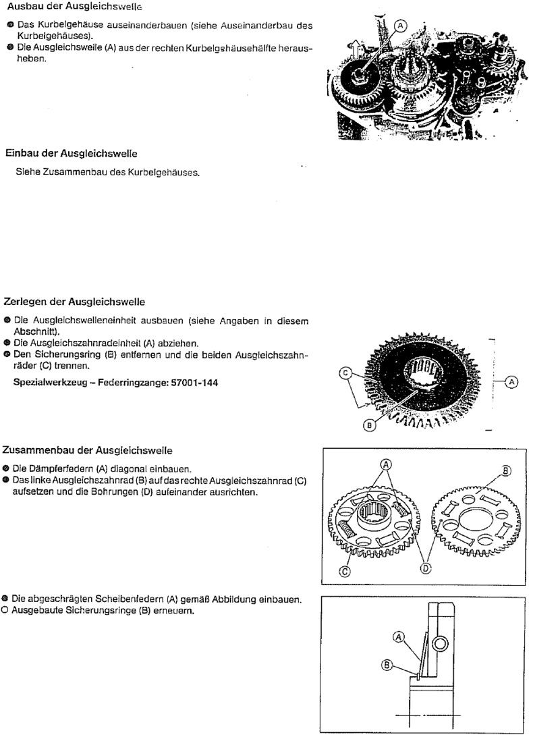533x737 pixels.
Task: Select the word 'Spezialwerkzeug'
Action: (x=45, y=383)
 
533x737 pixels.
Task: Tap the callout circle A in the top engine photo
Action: (x=399, y=25)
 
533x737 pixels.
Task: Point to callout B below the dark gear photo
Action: (x=368, y=426)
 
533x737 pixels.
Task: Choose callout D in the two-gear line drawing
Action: (x=426, y=568)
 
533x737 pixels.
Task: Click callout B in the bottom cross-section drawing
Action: (x=387, y=665)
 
